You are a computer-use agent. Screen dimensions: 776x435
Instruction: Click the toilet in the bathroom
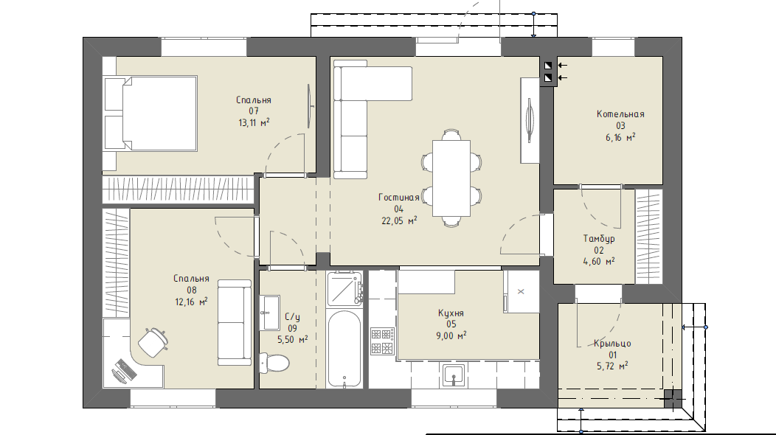(274, 363)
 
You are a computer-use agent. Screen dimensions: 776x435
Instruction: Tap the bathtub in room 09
(344, 349)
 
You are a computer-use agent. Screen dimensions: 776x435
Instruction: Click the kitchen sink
(453, 375)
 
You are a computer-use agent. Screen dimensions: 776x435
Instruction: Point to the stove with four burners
(383, 341)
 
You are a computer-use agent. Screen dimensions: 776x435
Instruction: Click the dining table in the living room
(451, 178)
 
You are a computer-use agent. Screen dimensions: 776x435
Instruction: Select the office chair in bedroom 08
(153, 341)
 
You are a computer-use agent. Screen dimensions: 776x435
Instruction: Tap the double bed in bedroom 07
(150, 114)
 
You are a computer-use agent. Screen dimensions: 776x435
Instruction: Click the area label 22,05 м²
(399, 220)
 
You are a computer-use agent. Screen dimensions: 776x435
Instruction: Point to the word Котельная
(620, 114)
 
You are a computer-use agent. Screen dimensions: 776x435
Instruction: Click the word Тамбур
(599, 239)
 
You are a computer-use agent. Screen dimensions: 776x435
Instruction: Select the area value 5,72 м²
(613, 366)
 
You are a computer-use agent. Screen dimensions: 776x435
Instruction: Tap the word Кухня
(451, 313)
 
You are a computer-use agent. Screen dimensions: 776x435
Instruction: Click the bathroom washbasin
(271, 313)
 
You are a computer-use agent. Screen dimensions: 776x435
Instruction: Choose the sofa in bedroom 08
(235, 323)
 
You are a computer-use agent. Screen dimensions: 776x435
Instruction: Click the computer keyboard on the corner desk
(125, 368)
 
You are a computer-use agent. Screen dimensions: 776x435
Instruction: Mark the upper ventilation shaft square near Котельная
(548, 66)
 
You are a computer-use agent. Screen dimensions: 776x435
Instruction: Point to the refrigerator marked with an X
(521, 291)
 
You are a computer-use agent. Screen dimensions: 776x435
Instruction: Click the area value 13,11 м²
(254, 122)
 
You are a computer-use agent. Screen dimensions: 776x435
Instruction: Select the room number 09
(293, 328)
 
